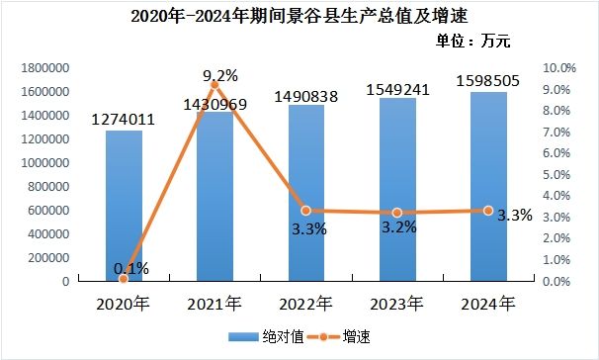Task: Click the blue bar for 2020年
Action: (124, 206)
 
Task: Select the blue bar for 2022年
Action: (306, 193)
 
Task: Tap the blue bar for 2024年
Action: (488, 187)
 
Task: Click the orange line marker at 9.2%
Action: (214, 85)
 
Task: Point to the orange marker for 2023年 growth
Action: (397, 213)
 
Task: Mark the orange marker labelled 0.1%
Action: (124, 279)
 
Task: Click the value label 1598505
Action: (488, 81)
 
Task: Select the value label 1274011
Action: (124, 120)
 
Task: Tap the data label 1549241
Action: (397, 90)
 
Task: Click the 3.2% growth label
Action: (399, 227)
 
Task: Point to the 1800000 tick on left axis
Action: (45, 68)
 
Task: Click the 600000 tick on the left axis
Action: (48, 211)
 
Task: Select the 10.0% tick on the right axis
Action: (559, 68)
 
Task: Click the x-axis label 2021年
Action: (214, 305)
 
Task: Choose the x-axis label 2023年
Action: (397, 305)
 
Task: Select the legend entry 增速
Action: (338, 336)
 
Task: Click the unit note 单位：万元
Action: (472, 41)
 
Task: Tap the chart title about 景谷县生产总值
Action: (299, 16)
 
